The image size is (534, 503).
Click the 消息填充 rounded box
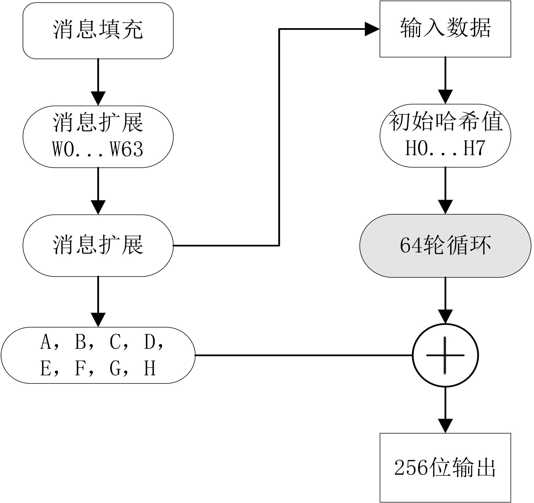point(98,30)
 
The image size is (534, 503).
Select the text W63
point(126,149)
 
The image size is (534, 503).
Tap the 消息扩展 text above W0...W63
point(98,122)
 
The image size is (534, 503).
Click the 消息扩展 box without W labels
point(98,245)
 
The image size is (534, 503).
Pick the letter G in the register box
point(115,368)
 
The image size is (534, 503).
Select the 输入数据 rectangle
point(445,29)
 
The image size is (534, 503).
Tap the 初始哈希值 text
point(445,122)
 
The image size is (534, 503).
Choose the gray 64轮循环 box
point(445,245)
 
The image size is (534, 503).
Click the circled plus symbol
point(445,355)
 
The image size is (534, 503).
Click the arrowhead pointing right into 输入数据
point(372,29)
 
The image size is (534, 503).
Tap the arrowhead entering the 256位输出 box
point(445,426)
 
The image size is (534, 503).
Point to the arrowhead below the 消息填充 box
point(98,98)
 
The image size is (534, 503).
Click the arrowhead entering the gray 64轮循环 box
point(445,207)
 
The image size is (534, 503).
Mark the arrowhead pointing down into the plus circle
point(445,317)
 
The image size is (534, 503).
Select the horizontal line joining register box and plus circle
point(304,355)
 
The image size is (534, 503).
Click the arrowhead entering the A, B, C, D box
point(98,320)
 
